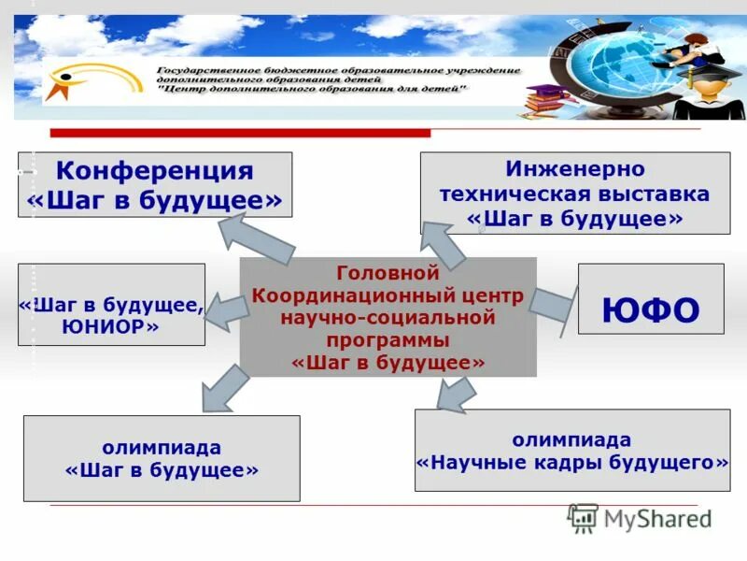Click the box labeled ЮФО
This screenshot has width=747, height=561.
(651, 298)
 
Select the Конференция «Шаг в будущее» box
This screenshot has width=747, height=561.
(155, 185)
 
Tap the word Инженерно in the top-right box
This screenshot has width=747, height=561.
(575, 169)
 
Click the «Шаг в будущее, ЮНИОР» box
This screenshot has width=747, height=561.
(111, 304)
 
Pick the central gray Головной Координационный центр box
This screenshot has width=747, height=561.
(388, 317)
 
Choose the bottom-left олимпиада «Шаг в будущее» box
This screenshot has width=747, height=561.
(162, 458)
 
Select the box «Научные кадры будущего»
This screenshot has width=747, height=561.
(572, 450)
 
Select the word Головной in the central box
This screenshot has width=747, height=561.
(388, 274)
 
